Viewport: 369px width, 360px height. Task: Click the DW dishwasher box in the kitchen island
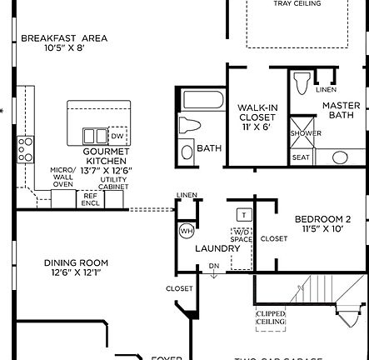[x=118, y=136]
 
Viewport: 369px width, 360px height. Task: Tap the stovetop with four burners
[x=26, y=149]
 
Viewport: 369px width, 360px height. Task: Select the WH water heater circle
[x=186, y=231]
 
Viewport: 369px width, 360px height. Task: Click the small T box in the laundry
[x=244, y=215]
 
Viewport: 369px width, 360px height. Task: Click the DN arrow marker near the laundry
[x=214, y=267]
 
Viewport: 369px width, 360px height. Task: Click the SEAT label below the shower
[x=301, y=157]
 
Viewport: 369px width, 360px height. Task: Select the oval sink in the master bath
[x=340, y=157]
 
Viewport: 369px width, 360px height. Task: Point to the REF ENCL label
[x=89, y=200]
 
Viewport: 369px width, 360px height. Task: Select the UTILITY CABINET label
[x=114, y=183]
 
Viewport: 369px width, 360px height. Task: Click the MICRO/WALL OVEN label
[x=63, y=177]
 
